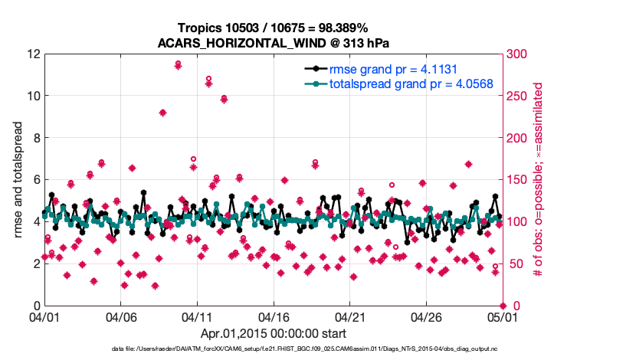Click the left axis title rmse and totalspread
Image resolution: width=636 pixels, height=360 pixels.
tap(18, 180)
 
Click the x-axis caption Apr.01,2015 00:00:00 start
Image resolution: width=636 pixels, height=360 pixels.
tap(273, 333)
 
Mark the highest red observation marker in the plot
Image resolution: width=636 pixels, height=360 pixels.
tap(178, 64)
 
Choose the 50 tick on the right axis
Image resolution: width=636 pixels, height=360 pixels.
tap(512, 264)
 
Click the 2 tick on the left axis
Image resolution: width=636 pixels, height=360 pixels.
tap(36, 263)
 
